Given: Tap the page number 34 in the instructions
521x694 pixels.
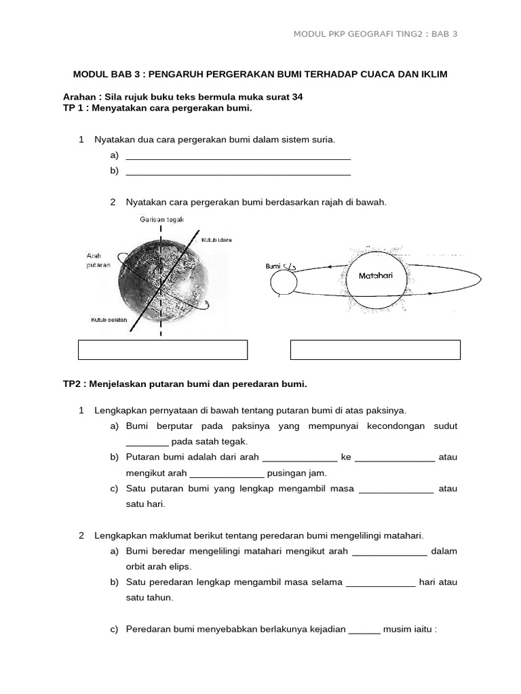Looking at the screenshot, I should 296,97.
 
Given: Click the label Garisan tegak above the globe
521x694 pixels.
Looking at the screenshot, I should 161,219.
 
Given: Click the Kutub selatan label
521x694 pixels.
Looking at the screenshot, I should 109,319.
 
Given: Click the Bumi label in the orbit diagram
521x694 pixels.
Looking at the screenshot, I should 273,266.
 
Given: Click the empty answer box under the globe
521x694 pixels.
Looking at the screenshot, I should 163,350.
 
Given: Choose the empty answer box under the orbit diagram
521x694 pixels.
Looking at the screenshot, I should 375,350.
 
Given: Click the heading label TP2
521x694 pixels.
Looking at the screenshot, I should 73,384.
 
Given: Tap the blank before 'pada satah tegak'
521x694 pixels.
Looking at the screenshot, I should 147,442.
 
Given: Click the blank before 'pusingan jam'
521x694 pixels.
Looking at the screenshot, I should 227,474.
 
